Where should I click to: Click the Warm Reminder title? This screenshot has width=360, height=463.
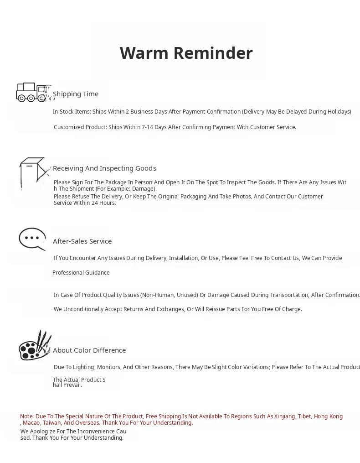click(186, 53)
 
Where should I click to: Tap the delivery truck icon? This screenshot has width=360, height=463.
click(32, 92)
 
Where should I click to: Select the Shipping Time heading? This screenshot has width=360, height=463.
click(76, 94)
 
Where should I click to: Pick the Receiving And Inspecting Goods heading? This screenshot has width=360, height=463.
click(104, 168)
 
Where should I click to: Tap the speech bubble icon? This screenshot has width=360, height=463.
click(32, 239)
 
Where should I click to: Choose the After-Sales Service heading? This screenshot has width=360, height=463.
click(82, 241)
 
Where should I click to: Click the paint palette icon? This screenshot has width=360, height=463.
click(35, 346)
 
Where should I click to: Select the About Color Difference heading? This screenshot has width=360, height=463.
click(89, 350)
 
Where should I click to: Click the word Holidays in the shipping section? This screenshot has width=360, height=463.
click(337, 112)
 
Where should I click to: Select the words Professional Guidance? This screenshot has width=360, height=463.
click(81, 273)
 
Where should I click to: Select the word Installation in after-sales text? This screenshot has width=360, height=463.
click(183, 258)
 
